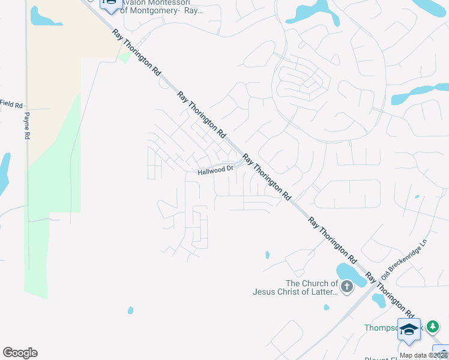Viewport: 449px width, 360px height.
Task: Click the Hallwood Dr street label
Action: [x=215, y=170]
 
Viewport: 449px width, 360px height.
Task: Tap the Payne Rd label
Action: [x=27, y=127]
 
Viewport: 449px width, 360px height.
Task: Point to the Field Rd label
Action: [x=11, y=104]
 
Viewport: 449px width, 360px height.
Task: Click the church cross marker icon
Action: [x=346, y=287]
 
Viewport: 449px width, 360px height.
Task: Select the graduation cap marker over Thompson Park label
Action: [x=409, y=329]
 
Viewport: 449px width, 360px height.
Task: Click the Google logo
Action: [x=20, y=353]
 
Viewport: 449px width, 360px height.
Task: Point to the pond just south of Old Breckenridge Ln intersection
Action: [x=379, y=299]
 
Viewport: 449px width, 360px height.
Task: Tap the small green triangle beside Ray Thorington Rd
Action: [x=124, y=58]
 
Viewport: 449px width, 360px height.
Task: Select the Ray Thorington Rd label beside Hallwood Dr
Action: [x=266, y=176]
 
